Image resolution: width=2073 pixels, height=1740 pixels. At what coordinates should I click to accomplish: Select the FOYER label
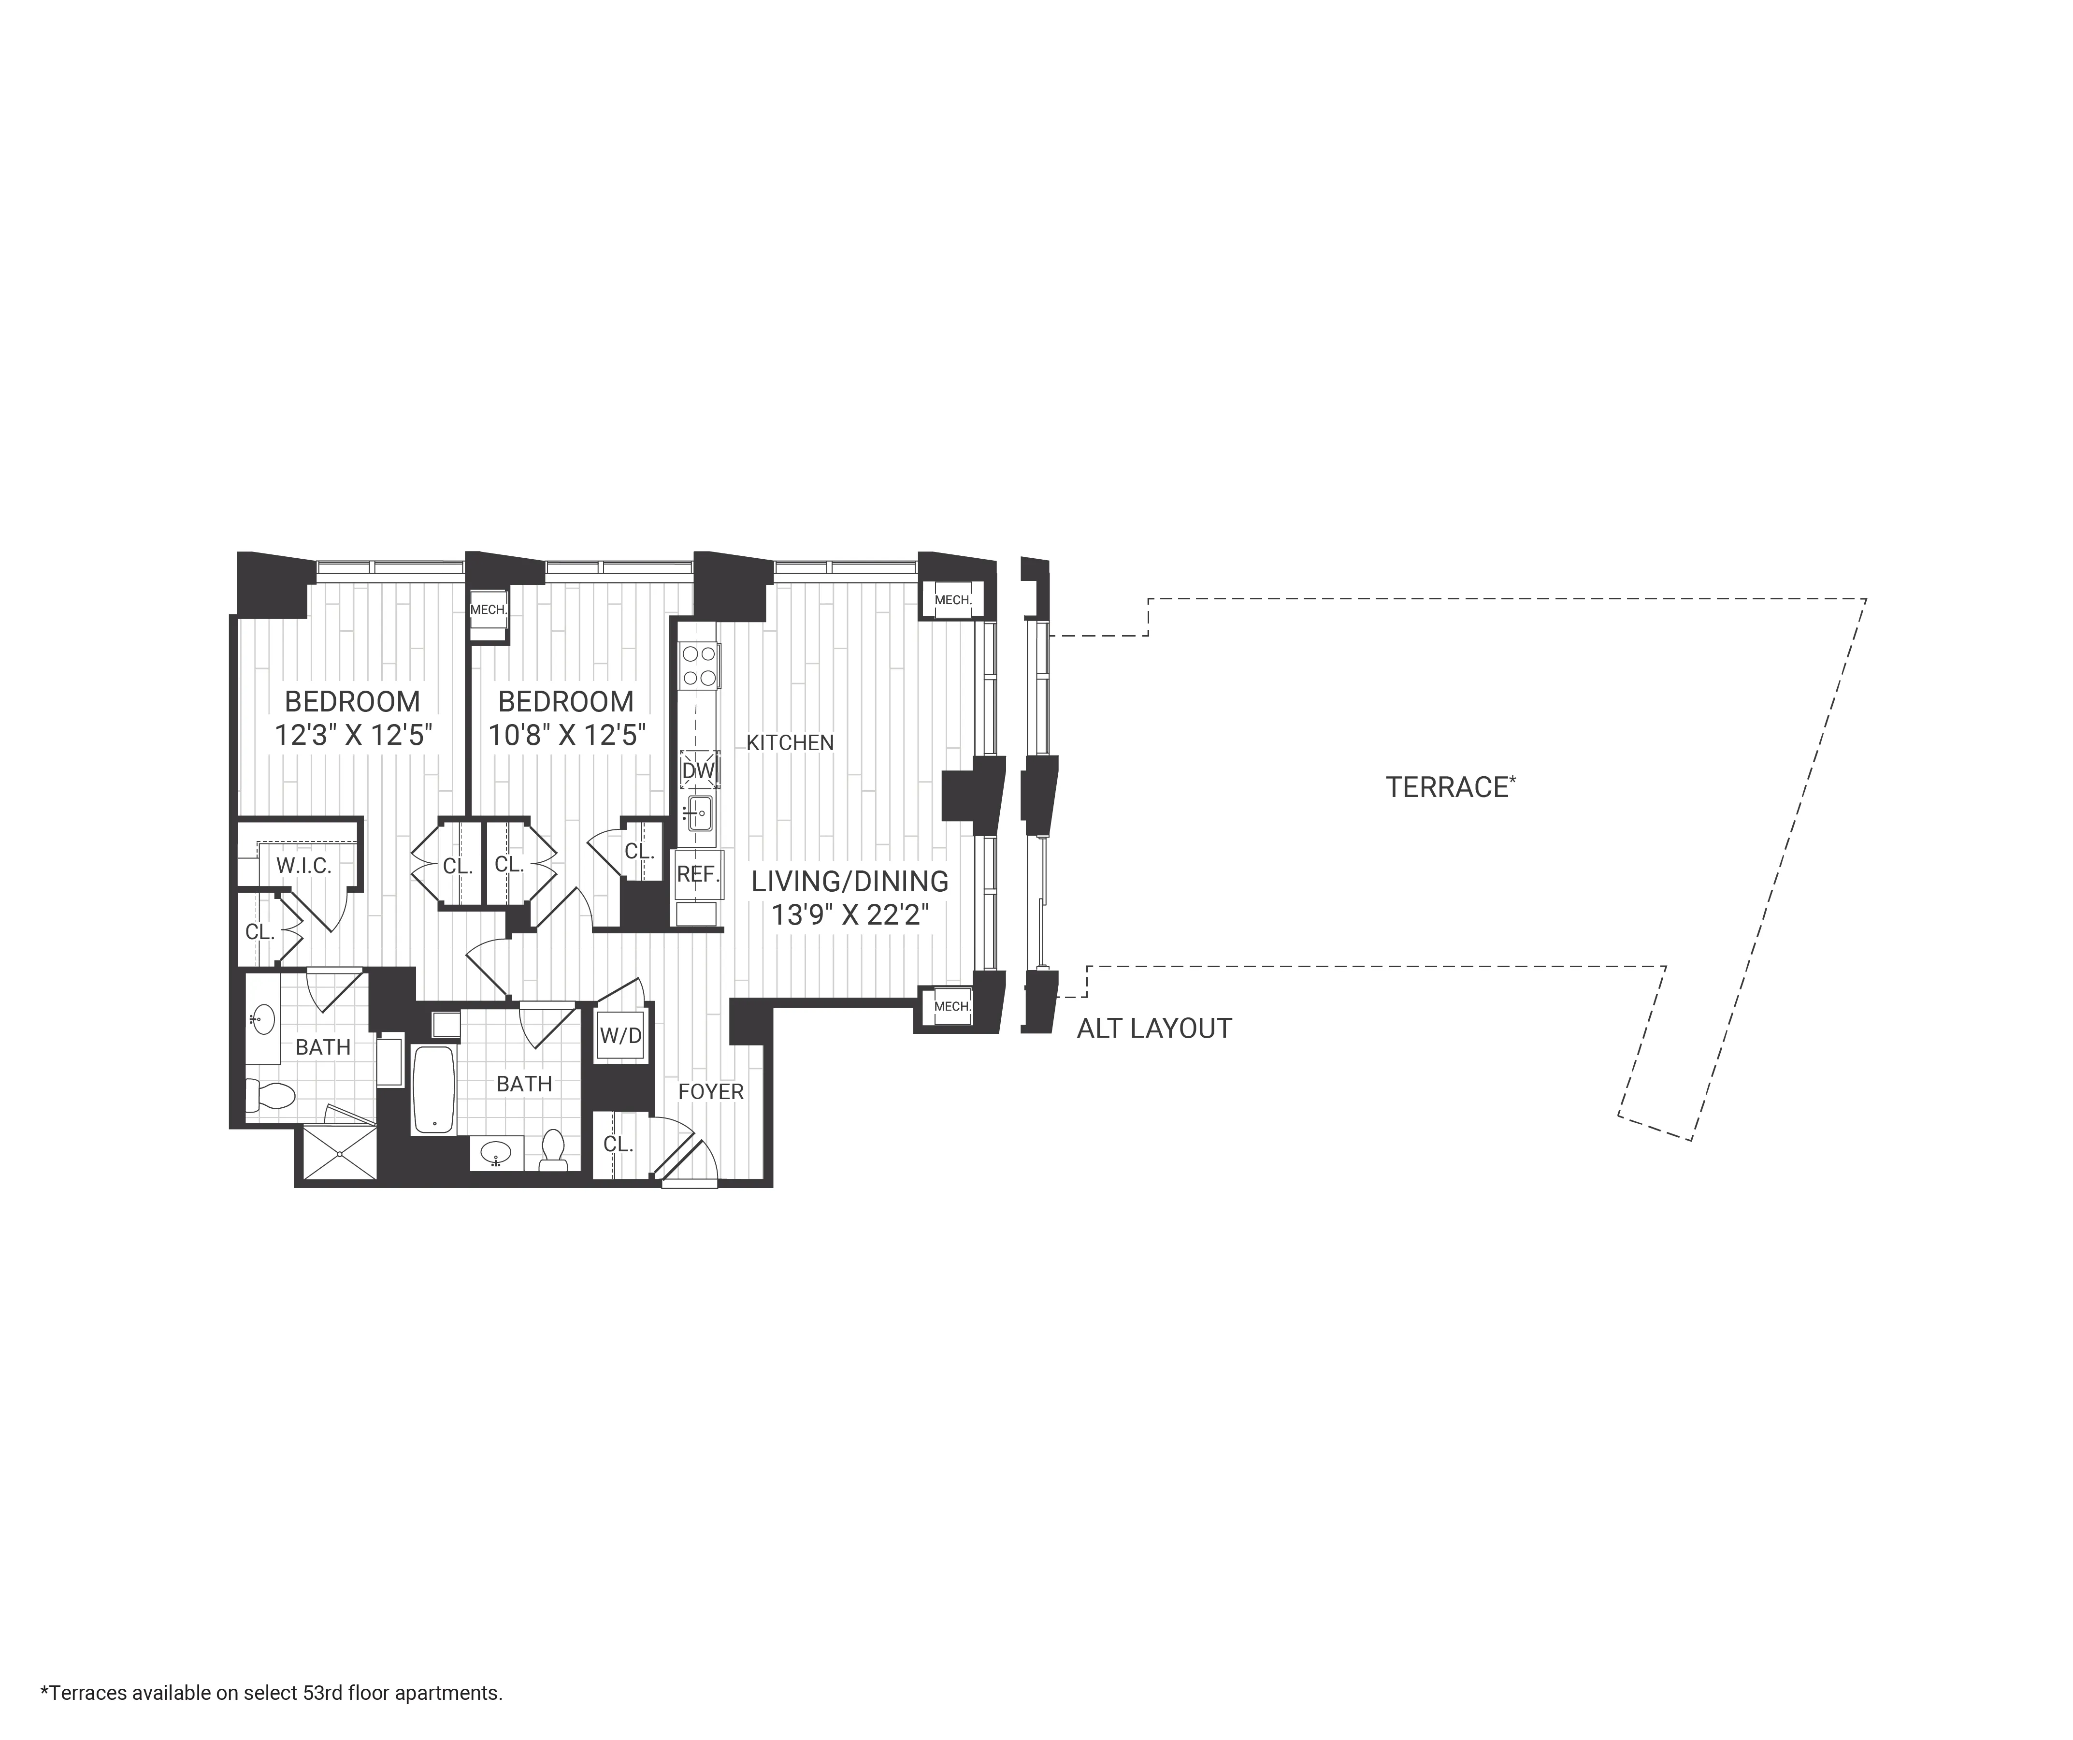(710, 1091)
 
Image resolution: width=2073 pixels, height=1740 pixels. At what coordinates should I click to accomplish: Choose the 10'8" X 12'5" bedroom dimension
(567, 736)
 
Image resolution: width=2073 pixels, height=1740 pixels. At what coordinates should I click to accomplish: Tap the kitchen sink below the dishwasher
(700, 814)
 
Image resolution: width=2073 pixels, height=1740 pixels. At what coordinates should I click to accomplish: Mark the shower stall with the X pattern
(339, 1151)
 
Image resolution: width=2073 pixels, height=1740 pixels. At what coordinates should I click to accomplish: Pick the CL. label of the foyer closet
(618, 1144)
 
